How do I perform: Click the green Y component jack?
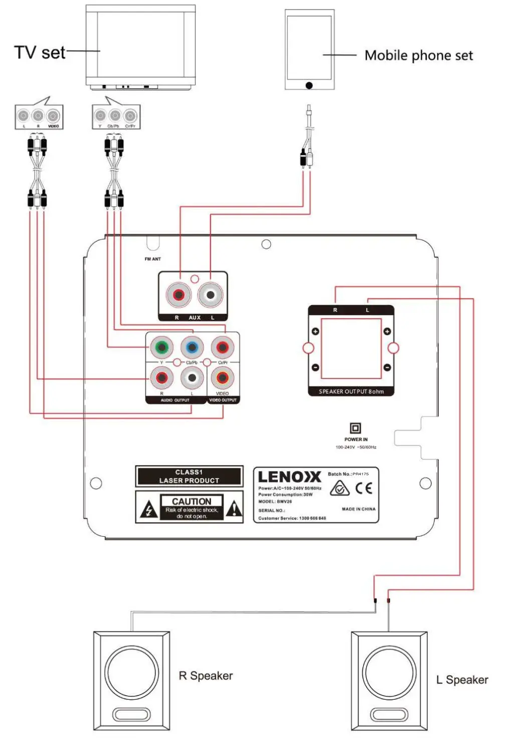(161, 347)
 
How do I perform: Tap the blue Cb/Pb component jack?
(192, 347)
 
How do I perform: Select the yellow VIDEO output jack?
(222, 378)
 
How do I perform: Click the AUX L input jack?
(211, 295)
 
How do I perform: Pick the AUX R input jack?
(179, 295)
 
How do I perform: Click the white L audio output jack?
(192, 378)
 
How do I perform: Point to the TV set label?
(40, 52)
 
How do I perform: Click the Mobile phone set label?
(418, 55)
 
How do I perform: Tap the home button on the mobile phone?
(309, 85)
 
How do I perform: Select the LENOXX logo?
(289, 477)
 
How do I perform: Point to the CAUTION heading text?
(192, 501)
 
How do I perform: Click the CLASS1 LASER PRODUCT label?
(189, 476)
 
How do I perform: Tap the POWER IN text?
(356, 439)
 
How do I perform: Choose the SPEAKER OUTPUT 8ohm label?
(351, 392)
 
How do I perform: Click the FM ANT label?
(152, 259)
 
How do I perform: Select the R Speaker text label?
(206, 676)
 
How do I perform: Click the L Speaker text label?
(462, 680)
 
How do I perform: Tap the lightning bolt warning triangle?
(148, 510)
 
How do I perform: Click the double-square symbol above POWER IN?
(355, 428)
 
